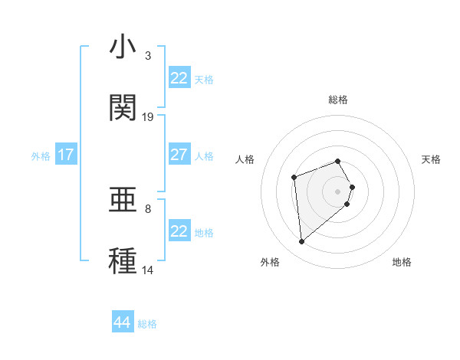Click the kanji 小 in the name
click(123, 47)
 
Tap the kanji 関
click(123, 107)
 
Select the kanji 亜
click(123, 201)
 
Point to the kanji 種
click(123, 260)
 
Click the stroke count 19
click(148, 117)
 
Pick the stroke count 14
click(148, 270)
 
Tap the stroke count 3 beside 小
click(148, 56)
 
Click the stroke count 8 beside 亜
click(148, 208)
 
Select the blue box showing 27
click(179, 155)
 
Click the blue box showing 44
click(123, 322)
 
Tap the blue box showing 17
click(66, 155)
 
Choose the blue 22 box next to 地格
click(179, 231)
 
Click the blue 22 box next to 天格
click(179, 78)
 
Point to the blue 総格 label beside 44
click(147, 324)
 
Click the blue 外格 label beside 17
click(41, 156)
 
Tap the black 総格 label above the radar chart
click(337, 100)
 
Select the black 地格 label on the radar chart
click(402, 262)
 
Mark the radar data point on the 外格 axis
click(302, 242)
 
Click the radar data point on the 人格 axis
click(294, 178)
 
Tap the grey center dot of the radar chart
click(337, 191)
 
